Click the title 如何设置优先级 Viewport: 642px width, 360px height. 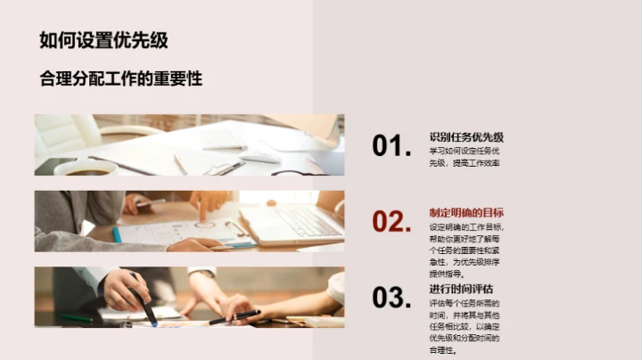pyautogui.click(x=103, y=40)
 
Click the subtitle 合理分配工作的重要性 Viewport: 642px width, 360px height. pyautogui.click(x=121, y=78)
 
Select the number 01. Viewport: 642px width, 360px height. pyautogui.click(x=391, y=146)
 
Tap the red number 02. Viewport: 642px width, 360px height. pyautogui.click(x=391, y=222)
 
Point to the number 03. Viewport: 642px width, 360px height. pyautogui.click(x=391, y=298)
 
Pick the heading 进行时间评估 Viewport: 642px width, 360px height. pyautogui.click(x=461, y=289)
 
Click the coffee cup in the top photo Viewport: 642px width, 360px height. pyautogui.click(x=86, y=166)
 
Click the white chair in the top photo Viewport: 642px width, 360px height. pyautogui.click(x=67, y=134)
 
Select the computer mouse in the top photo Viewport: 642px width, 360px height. pyautogui.click(x=259, y=158)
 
